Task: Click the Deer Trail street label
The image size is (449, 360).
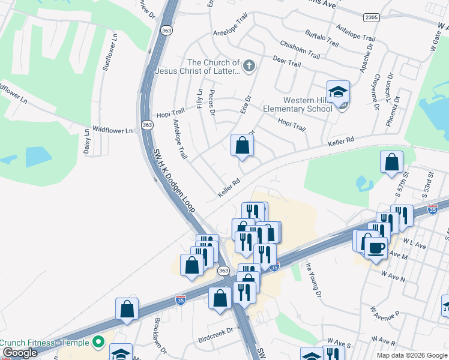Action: [286, 62]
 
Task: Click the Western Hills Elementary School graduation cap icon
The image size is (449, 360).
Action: [338, 92]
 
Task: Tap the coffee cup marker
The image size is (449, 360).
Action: [376, 247]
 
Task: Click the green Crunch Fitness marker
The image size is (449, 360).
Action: [98, 343]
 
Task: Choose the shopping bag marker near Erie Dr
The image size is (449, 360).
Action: [242, 145]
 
